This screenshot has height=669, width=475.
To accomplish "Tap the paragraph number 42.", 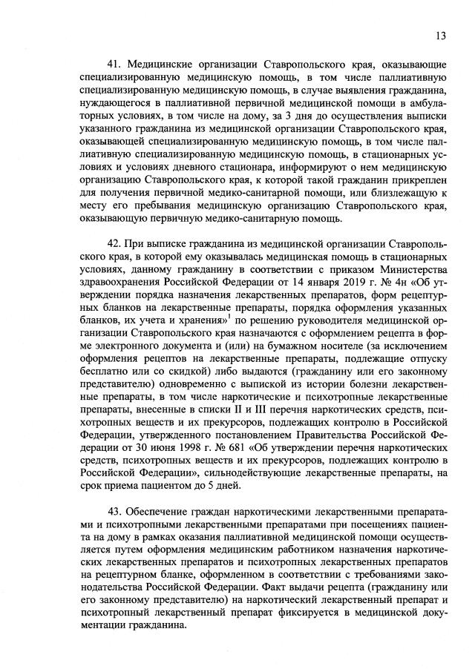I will [x=114, y=243].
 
